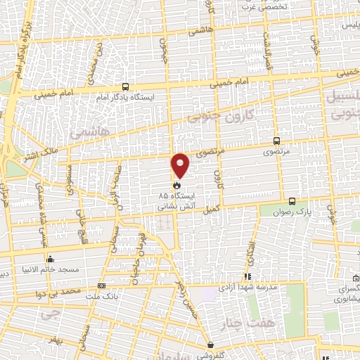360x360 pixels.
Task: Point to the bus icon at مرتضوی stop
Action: pyautogui.click(x=275, y=140)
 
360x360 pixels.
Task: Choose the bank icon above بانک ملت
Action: pyautogui.click(x=101, y=286)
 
